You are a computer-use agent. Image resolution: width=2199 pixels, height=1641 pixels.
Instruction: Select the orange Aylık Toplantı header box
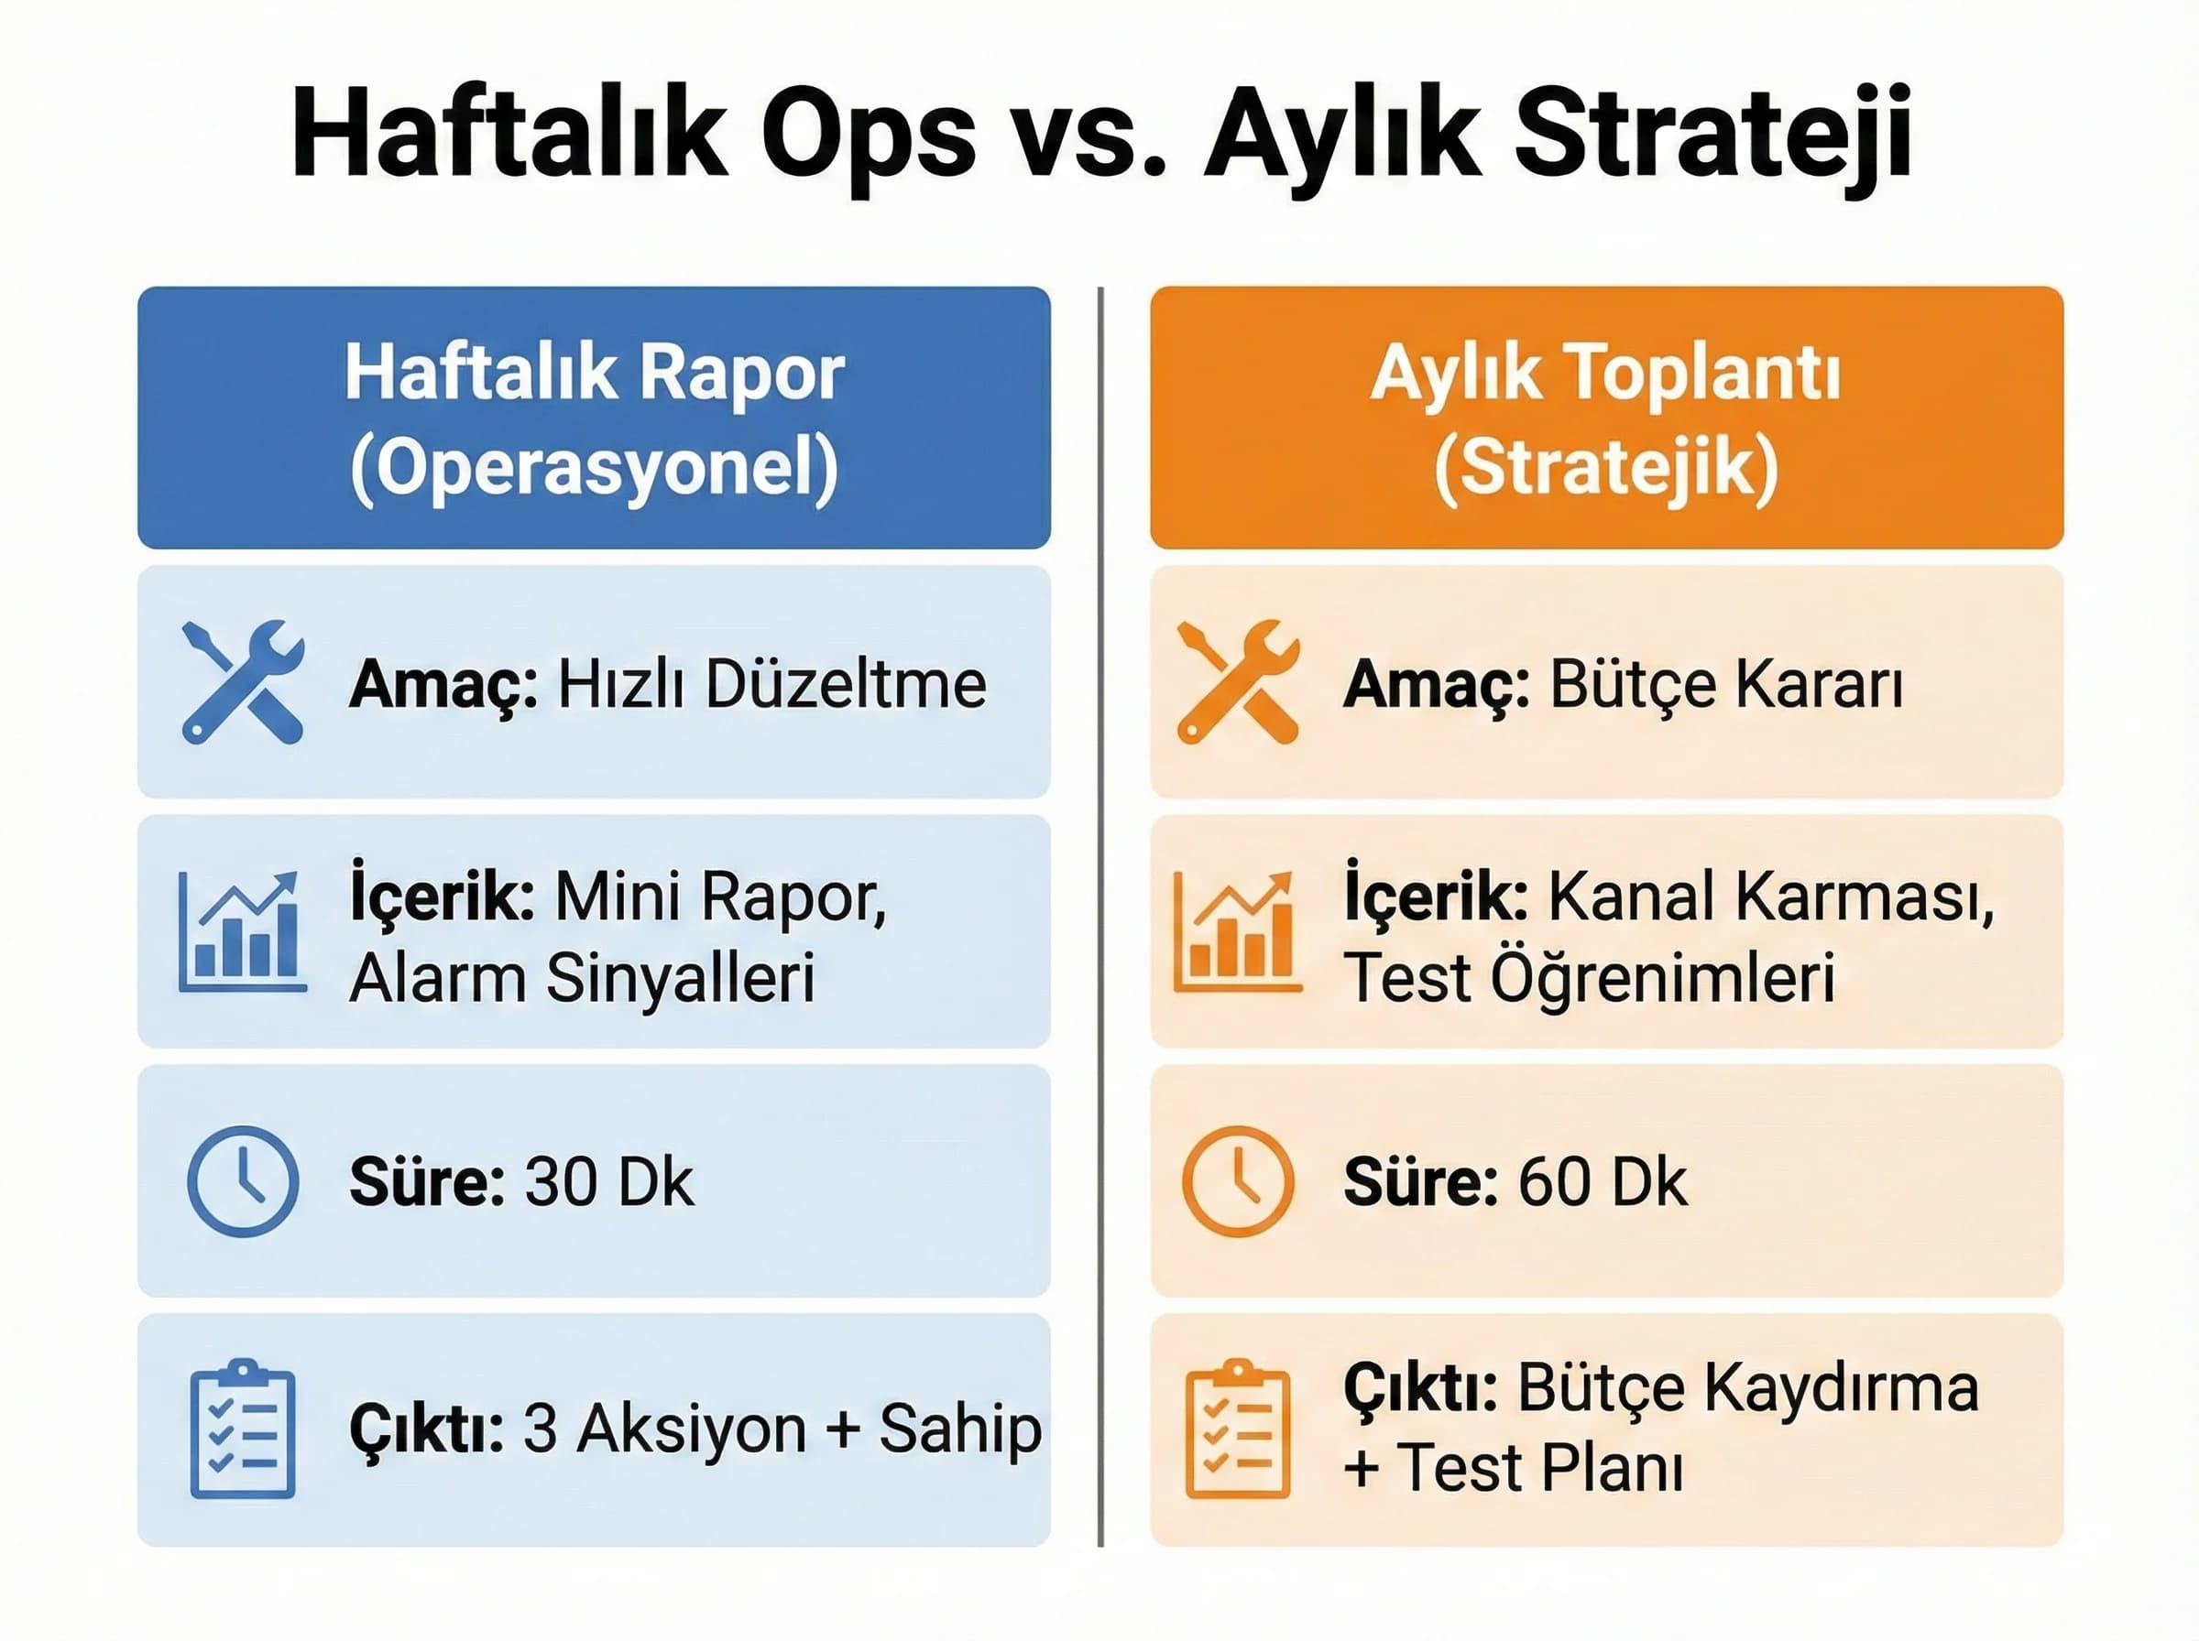point(1606,418)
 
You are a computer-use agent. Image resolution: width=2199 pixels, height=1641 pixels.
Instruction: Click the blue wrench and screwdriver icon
point(244,681)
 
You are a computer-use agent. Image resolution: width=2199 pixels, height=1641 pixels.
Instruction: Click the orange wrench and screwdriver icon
point(1237,681)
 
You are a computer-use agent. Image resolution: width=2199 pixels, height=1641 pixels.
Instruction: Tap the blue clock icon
point(243,1181)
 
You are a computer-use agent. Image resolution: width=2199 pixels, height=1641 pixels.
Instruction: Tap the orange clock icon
point(1237,1181)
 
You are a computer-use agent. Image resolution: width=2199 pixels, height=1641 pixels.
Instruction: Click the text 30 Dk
point(608,1182)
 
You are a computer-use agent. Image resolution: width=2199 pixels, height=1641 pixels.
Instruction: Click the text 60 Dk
point(1602,1182)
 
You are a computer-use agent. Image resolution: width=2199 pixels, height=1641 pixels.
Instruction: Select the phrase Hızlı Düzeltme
point(771,684)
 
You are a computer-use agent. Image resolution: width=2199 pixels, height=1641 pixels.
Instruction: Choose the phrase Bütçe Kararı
point(1726,684)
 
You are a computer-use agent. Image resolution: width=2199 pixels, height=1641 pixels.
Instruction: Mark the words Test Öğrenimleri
point(1588,977)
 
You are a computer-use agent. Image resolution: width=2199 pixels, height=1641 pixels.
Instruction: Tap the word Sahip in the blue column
point(960,1429)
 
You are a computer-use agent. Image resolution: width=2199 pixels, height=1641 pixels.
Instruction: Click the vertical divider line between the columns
point(1100,914)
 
